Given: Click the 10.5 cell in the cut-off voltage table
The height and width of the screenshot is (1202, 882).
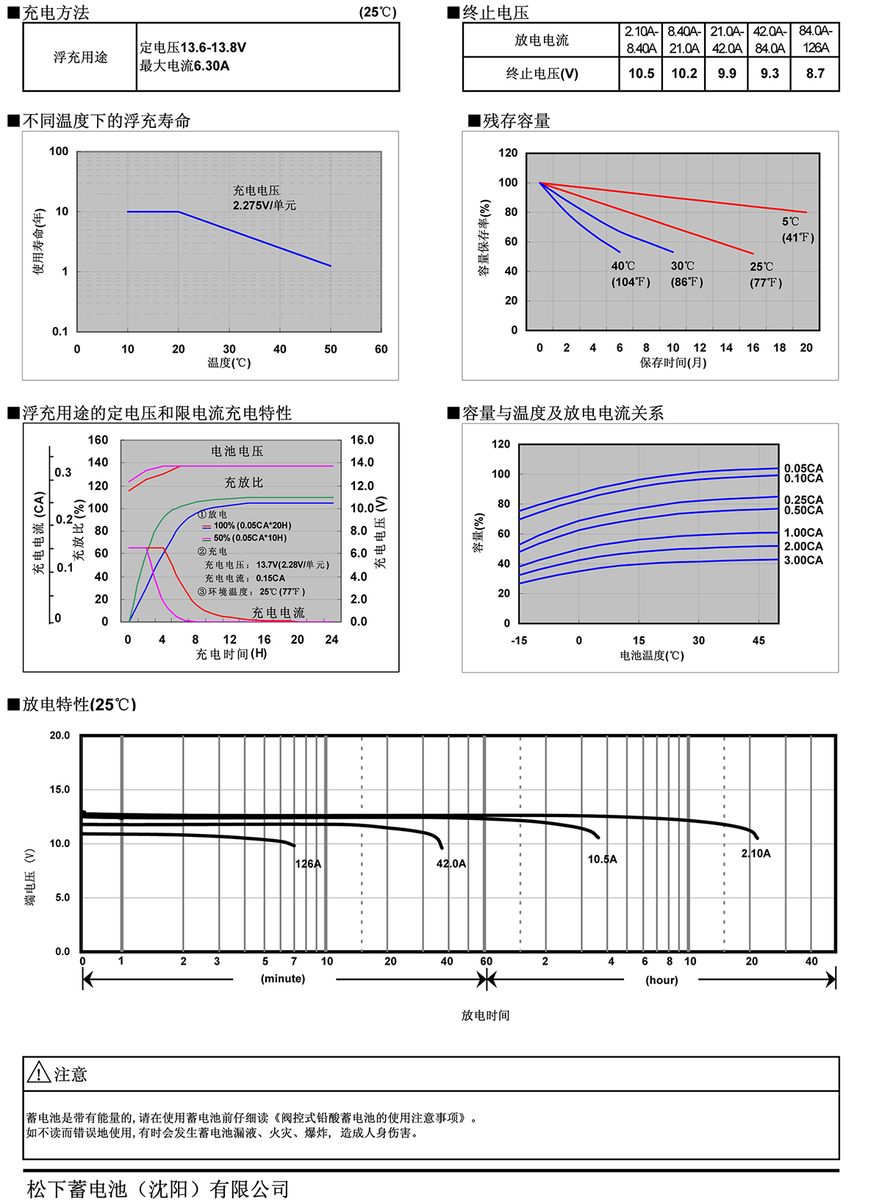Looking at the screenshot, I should pyautogui.click(x=641, y=73).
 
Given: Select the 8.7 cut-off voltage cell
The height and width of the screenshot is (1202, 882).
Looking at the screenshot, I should pyautogui.click(x=815, y=73).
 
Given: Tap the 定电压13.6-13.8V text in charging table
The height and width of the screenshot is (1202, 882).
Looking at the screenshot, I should pyautogui.click(x=193, y=48).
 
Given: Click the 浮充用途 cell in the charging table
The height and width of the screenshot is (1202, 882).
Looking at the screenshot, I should pyautogui.click(x=80, y=57).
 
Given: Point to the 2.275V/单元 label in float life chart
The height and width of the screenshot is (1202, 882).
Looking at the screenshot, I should pyautogui.click(x=264, y=206).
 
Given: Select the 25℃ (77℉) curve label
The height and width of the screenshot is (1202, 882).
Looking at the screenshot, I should pyautogui.click(x=765, y=275).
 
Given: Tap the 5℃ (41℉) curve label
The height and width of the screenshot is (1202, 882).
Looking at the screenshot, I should pyautogui.click(x=797, y=229).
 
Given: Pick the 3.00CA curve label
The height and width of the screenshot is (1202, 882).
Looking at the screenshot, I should pyautogui.click(x=803, y=561).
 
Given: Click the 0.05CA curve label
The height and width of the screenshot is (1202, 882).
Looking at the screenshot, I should pyautogui.click(x=803, y=468).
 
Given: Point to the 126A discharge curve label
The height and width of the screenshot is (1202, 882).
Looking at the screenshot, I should pyautogui.click(x=308, y=864).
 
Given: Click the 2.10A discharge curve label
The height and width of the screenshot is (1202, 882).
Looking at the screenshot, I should pyautogui.click(x=756, y=854).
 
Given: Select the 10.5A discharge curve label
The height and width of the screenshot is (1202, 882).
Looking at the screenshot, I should pyautogui.click(x=602, y=860).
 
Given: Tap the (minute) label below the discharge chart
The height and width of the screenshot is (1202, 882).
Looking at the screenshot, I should pyautogui.click(x=283, y=979).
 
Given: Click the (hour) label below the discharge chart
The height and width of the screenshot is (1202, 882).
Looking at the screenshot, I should pyautogui.click(x=661, y=980).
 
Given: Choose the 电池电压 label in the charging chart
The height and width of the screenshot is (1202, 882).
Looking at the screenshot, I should pyautogui.click(x=237, y=451).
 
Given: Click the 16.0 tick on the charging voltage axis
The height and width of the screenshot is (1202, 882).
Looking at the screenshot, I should pyautogui.click(x=362, y=440).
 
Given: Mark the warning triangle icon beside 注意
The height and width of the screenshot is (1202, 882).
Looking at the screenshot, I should pyautogui.click(x=38, y=1073).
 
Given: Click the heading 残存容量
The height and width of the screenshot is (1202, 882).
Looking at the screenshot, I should pyautogui.click(x=516, y=121).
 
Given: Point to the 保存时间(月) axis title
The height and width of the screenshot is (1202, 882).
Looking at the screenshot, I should pyautogui.click(x=673, y=363).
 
